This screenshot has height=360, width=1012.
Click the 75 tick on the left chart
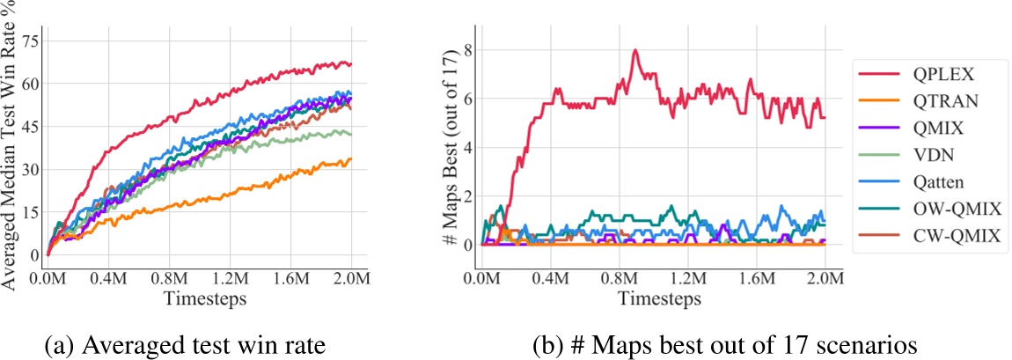[x=31, y=40]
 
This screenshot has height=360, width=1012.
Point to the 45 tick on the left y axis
[x=31, y=126]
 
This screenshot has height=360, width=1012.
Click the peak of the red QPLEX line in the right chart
[x=634, y=50]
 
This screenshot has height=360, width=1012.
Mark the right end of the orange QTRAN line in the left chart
[x=351, y=159]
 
